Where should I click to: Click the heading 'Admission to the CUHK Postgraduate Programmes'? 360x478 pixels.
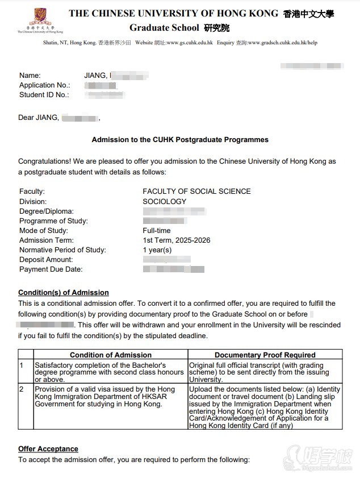(x=180, y=139)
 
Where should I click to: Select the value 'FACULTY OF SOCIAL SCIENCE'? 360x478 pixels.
(x=196, y=192)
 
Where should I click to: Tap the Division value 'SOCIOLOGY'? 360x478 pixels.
(x=164, y=201)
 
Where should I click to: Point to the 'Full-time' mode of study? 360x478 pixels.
(x=156, y=231)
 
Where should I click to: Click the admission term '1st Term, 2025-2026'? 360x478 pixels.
(x=176, y=240)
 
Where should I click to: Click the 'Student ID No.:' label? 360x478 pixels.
(x=44, y=95)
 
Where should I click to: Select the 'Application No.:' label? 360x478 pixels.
(x=45, y=85)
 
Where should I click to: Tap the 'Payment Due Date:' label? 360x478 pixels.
(x=51, y=269)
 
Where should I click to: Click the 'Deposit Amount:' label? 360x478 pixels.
(x=47, y=260)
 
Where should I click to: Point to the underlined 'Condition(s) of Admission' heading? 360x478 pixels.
(x=63, y=293)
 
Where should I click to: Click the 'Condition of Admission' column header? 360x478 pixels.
(x=110, y=355)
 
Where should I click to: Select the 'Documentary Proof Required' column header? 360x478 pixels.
(x=265, y=355)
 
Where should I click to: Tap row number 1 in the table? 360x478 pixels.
(x=22, y=364)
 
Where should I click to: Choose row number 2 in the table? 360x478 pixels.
(x=22, y=389)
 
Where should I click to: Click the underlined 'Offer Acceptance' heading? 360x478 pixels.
(x=48, y=449)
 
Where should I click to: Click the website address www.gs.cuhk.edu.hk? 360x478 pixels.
(x=189, y=43)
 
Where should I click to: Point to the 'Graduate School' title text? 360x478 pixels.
(x=164, y=27)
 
